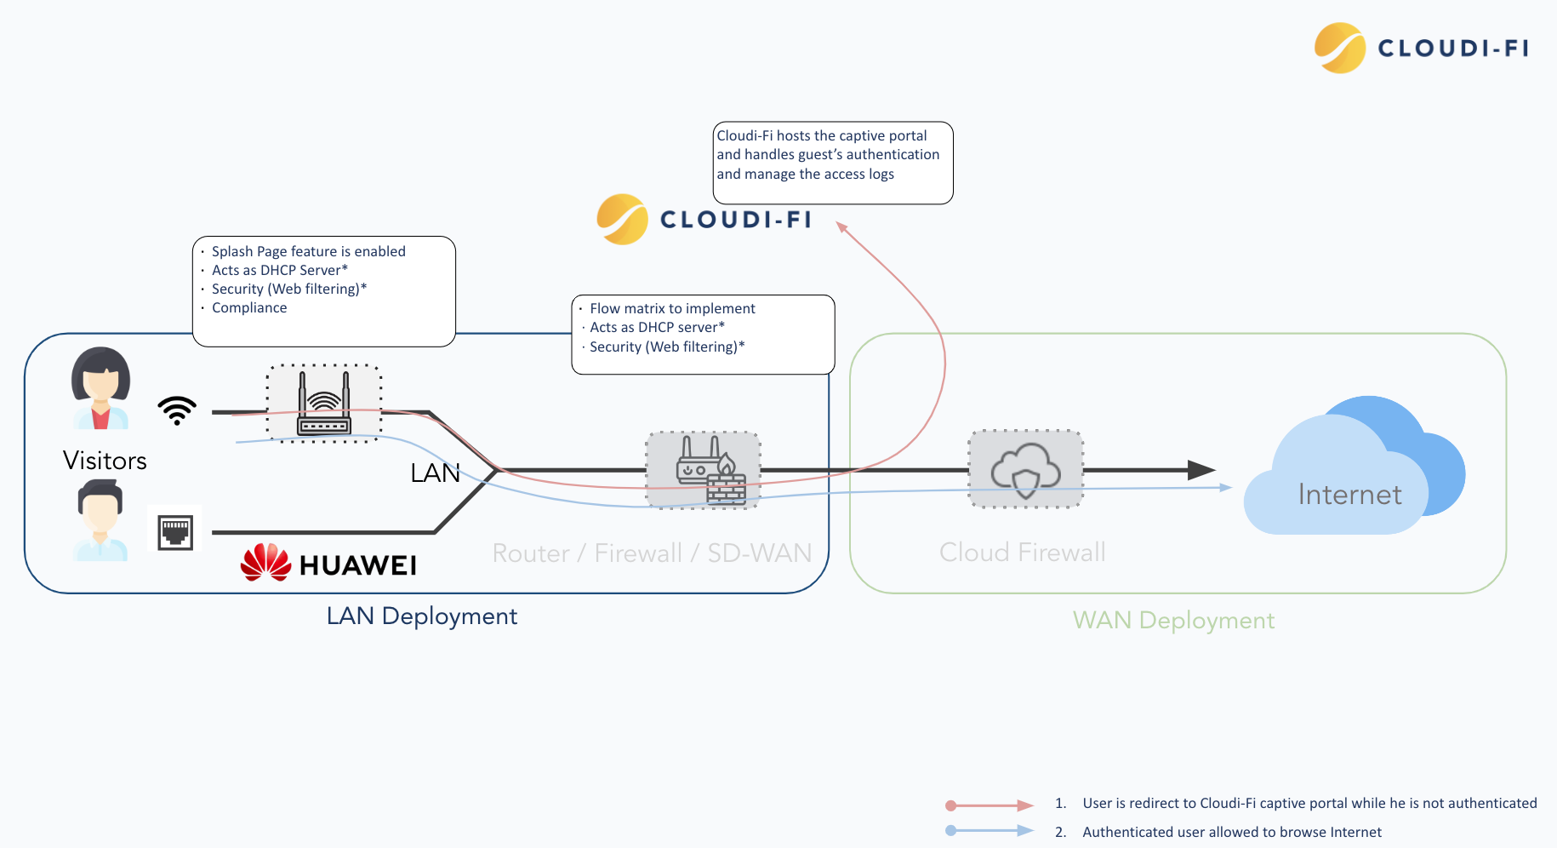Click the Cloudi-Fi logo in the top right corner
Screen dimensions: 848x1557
[1422, 48]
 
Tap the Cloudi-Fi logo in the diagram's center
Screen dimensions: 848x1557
[704, 220]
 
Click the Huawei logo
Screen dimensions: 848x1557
[328, 564]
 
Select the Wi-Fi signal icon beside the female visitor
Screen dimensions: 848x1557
[177, 410]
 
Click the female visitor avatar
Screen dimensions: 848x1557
[100, 387]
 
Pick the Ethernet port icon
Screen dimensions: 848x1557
[175, 532]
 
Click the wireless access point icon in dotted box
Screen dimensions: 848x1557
[324, 404]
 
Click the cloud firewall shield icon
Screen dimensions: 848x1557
[1026, 470]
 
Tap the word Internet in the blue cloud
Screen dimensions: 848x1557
[1349, 495]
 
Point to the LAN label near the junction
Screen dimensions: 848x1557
[435, 473]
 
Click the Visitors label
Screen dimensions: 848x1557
[105, 461]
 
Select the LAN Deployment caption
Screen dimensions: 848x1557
[422, 616]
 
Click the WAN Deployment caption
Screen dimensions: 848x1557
[1173, 620]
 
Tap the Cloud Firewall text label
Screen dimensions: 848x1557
[1022, 553]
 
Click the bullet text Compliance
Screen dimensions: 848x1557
[249, 307]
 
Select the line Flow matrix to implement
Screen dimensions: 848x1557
[672, 308]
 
